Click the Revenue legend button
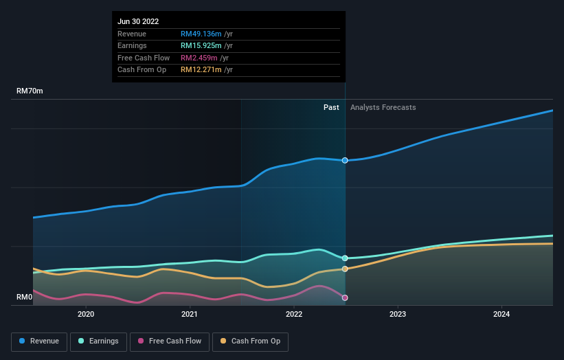39,341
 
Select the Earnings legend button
98,341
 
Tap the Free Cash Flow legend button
170,341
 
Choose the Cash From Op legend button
250,341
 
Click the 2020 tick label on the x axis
86,315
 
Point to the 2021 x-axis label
190,315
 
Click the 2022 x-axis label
294,315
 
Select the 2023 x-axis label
398,315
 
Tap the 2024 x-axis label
501,315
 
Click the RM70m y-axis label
30,91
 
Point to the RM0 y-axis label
25,297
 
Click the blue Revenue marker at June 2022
345,160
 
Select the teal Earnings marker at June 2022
345,258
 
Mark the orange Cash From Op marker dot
345,269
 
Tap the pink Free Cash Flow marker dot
345,297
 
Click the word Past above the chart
331,107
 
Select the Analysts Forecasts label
383,107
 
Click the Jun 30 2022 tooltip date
138,21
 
